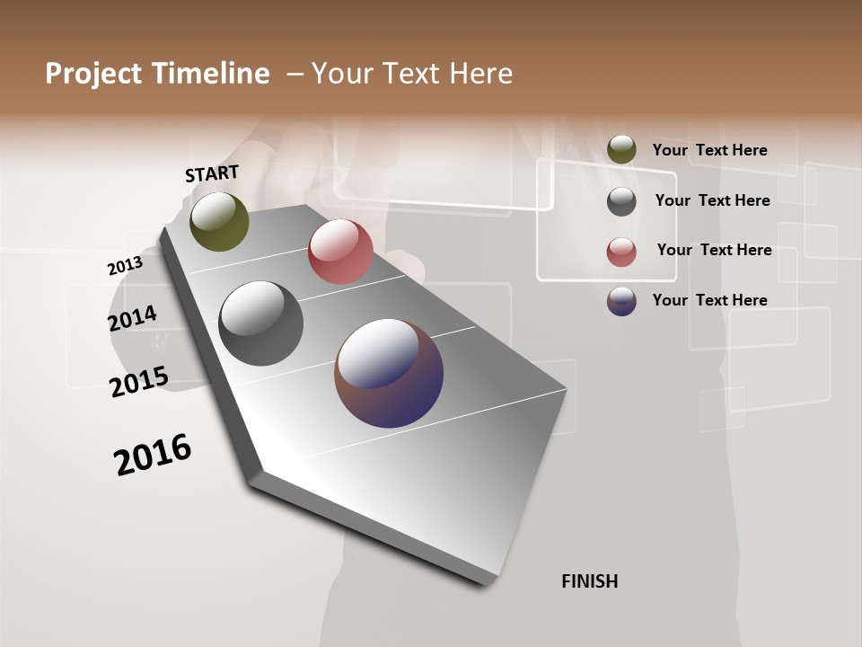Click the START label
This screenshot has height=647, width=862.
(x=212, y=173)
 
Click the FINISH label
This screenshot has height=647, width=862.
(x=589, y=581)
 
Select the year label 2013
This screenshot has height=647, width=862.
(x=125, y=266)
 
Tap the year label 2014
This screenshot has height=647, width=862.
(x=132, y=319)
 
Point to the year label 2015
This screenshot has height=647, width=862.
(x=138, y=381)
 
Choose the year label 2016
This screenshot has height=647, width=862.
(x=153, y=455)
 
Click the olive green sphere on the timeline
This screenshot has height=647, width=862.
(x=219, y=221)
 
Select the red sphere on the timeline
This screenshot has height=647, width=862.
(x=340, y=252)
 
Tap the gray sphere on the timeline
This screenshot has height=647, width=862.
(x=260, y=323)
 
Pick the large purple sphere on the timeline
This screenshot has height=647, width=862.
(x=389, y=373)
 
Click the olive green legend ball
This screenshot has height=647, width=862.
(x=621, y=149)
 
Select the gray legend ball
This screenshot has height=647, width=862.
(x=621, y=201)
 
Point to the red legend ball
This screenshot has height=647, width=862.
(x=621, y=252)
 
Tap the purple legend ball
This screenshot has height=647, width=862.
(x=621, y=301)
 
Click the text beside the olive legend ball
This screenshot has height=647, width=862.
(x=709, y=150)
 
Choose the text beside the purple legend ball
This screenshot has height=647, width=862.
(x=709, y=300)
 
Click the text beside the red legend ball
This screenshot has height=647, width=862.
(x=714, y=250)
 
